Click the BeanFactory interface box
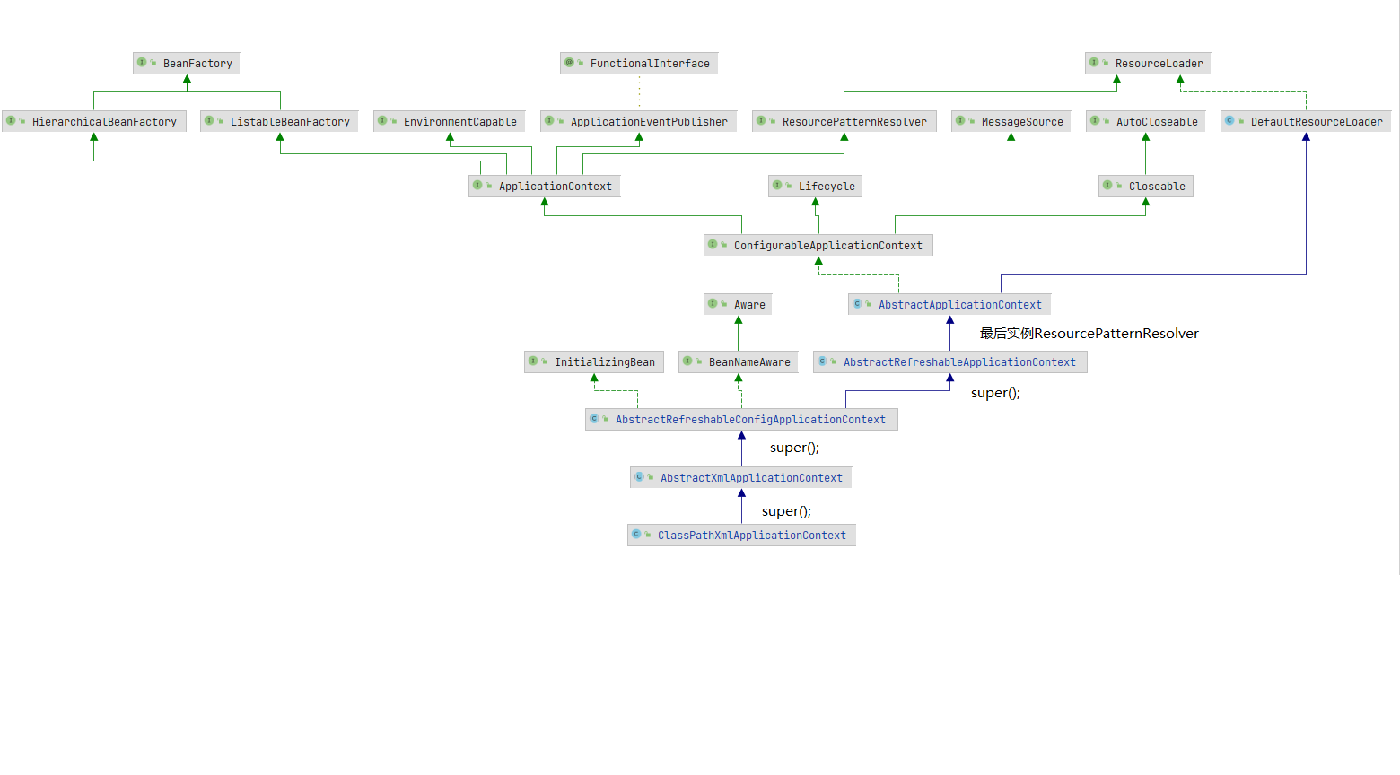point(187,64)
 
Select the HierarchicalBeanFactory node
point(94,122)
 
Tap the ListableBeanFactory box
point(280,122)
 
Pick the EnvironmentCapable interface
point(450,122)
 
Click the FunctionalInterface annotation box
point(639,64)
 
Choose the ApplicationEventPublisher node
point(639,122)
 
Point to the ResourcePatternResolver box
point(844,122)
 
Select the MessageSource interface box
point(1011,122)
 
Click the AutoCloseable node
point(1146,122)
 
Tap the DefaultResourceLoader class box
point(1306,122)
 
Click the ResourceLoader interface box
point(1148,64)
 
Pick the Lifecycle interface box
point(816,187)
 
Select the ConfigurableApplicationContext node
point(818,246)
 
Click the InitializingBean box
point(594,362)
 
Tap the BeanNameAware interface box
point(739,362)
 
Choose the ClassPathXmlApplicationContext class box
point(741,536)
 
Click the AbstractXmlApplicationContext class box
point(741,478)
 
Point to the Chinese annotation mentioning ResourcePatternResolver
point(1089,334)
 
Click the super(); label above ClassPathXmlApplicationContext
point(786,511)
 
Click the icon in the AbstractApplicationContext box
point(857,304)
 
